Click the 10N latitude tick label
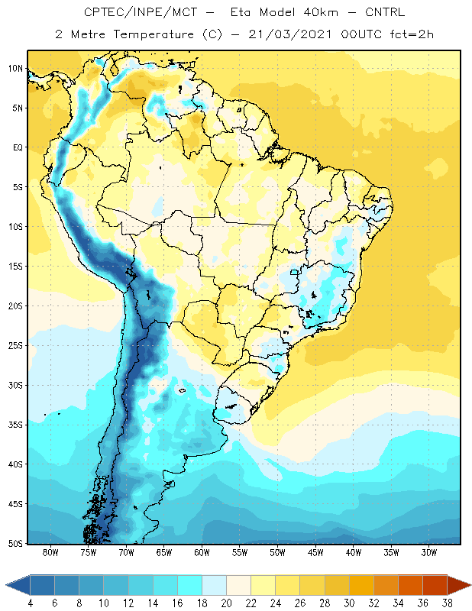pyautogui.click(x=15, y=69)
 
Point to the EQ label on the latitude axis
pyautogui.click(x=18, y=147)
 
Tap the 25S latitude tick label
pyautogui.click(x=15, y=346)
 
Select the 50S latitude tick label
pyautogui.click(x=15, y=543)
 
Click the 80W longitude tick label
pyautogui.click(x=50, y=552)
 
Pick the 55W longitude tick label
pyautogui.click(x=240, y=552)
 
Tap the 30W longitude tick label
pyautogui.click(x=428, y=552)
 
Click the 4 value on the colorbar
pyautogui.click(x=31, y=603)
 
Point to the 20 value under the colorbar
pyautogui.click(x=226, y=603)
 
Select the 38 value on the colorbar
pyautogui.click(x=447, y=603)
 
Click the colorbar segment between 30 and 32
pyautogui.click(x=361, y=585)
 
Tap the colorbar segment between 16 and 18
pyautogui.click(x=190, y=585)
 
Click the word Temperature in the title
pyautogui.click(x=154, y=34)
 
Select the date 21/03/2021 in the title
pyautogui.click(x=290, y=34)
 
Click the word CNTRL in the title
pyautogui.click(x=385, y=12)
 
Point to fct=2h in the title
pyautogui.click(x=412, y=34)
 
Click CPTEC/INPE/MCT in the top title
pyautogui.click(x=141, y=12)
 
